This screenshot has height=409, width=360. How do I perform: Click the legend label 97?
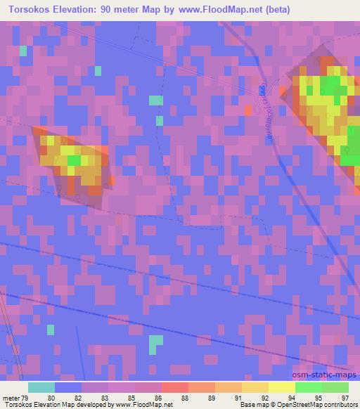(x=344, y=397)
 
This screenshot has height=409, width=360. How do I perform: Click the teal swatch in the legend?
(x=41, y=387)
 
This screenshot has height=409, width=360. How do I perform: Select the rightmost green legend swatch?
(x=335, y=387)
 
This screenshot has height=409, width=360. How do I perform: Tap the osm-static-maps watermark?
(x=330, y=376)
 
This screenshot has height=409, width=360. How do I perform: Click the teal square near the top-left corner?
(x=23, y=51)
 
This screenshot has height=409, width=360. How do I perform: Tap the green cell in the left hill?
(x=73, y=161)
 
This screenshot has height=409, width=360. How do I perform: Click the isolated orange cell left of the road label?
(x=247, y=110)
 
